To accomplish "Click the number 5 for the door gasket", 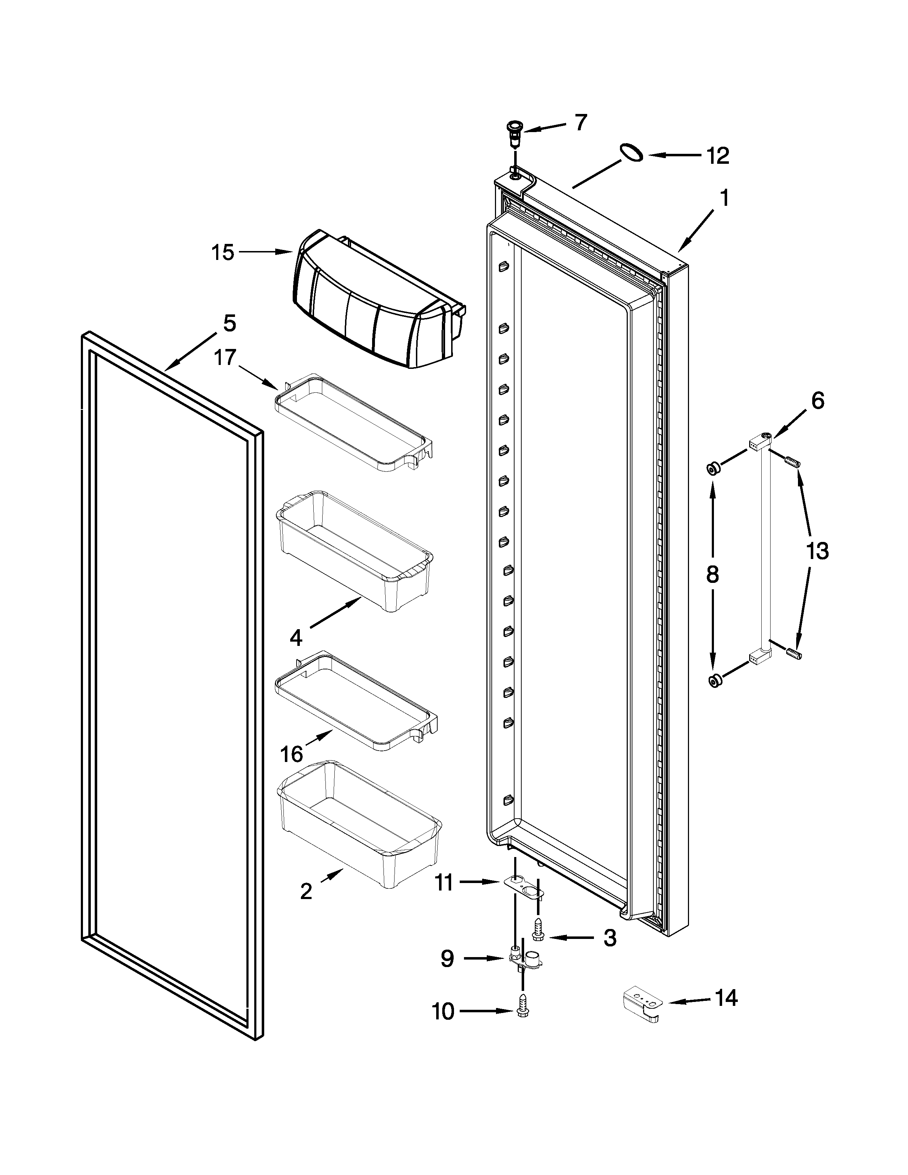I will (229, 323).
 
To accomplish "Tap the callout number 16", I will (291, 755).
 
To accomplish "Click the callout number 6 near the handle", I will (817, 401).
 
